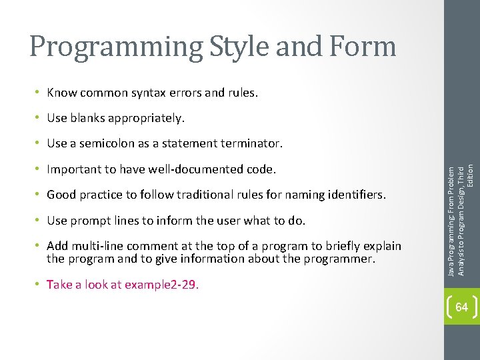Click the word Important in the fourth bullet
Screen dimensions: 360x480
click(72, 169)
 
